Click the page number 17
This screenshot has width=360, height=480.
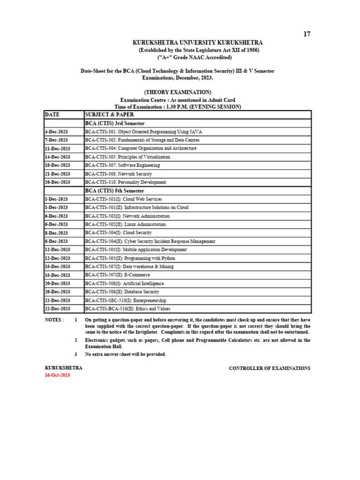307,34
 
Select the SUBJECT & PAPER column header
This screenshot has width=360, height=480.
109,114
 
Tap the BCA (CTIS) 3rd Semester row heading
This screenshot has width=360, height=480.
114,123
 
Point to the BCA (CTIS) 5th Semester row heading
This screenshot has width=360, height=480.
114,191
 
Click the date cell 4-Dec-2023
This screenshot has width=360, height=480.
56,132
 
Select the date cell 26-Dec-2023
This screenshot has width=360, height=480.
57,182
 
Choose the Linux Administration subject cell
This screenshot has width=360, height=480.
125,225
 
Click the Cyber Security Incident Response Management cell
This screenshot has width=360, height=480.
150,241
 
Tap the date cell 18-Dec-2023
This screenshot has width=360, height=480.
57,165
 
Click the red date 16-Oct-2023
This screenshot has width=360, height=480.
57,376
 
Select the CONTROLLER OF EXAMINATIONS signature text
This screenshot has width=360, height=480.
269,368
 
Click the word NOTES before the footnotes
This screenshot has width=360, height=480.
54,320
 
